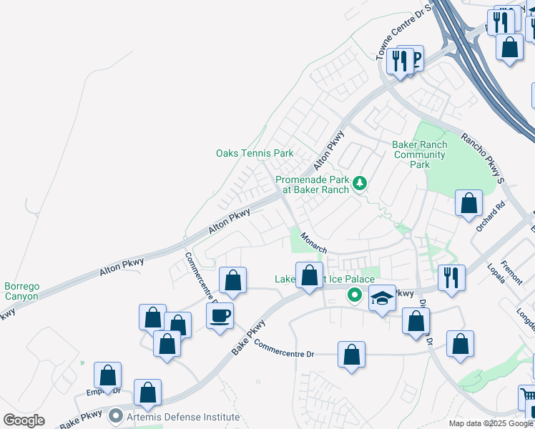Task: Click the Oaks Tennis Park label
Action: [255, 153]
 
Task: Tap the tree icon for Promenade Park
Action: [359, 184]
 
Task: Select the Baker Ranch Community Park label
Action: [420, 154]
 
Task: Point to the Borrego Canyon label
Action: [21, 291]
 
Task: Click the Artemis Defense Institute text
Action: [182, 416]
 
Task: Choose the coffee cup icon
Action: [220, 315]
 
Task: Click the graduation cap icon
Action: [383, 297]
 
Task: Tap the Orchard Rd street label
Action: [491, 216]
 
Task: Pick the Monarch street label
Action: [314, 242]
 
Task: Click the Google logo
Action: [24, 420]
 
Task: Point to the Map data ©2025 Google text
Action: [491, 423]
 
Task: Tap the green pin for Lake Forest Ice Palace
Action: [353, 295]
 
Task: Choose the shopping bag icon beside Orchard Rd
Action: [468, 203]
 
